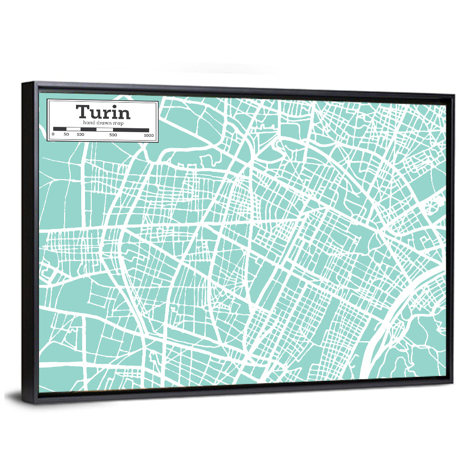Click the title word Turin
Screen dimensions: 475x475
click(x=103, y=113)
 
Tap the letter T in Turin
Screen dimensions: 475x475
click(x=82, y=113)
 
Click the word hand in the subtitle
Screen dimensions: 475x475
click(x=88, y=123)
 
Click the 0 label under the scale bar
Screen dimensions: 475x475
click(x=53, y=135)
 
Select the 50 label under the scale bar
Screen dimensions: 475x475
click(x=66, y=135)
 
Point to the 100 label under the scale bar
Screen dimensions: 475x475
click(x=80, y=135)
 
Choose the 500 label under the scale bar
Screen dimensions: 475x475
click(x=113, y=135)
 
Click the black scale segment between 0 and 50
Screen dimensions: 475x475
click(x=60, y=129)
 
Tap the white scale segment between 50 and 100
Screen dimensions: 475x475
click(x=73, y=129)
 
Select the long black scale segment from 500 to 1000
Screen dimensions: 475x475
click(x=131, y=130)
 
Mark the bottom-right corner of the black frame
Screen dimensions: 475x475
click(x=453, y=385)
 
